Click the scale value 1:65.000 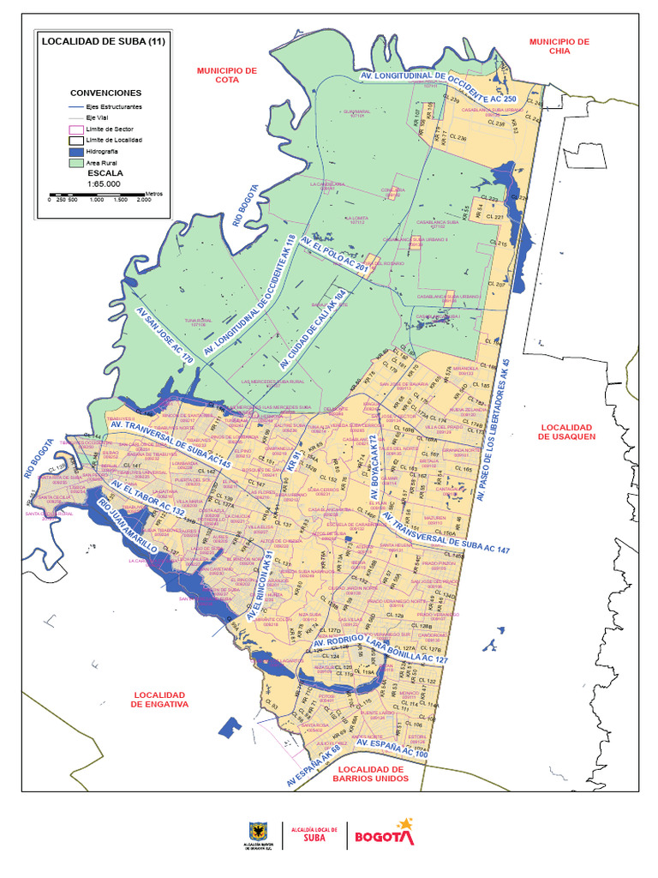point(103,183)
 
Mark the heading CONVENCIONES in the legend point(105,93)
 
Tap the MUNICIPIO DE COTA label point(227,75)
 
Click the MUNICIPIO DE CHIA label point(559,46)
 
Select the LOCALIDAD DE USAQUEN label point(566,431)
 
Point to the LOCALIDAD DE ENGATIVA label point(159,699)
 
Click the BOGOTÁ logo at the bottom point(384,834)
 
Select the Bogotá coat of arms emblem point(255,831)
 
